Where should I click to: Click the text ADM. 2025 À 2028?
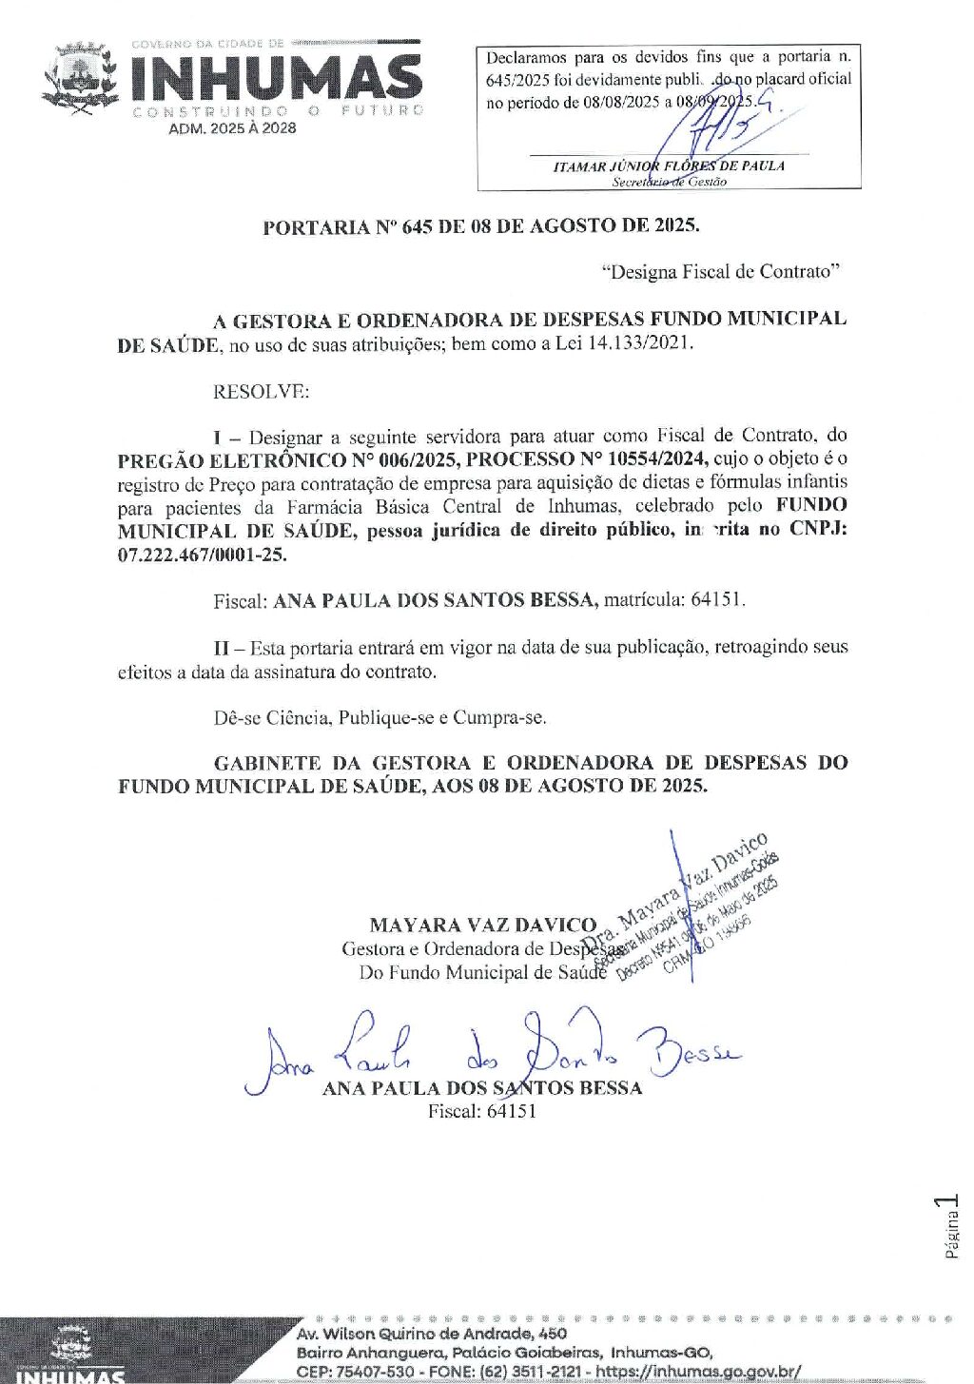(232, 128)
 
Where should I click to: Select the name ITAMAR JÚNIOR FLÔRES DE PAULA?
(669, 166)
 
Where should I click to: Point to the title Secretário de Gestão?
(669, 181)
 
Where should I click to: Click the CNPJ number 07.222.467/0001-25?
(202, 555)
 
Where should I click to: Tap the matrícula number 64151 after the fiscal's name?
(717, 600)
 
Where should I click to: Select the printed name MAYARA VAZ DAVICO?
(482, 925)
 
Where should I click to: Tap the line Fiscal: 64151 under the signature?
(481, 1111)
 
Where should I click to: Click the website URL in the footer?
(698, 1371)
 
